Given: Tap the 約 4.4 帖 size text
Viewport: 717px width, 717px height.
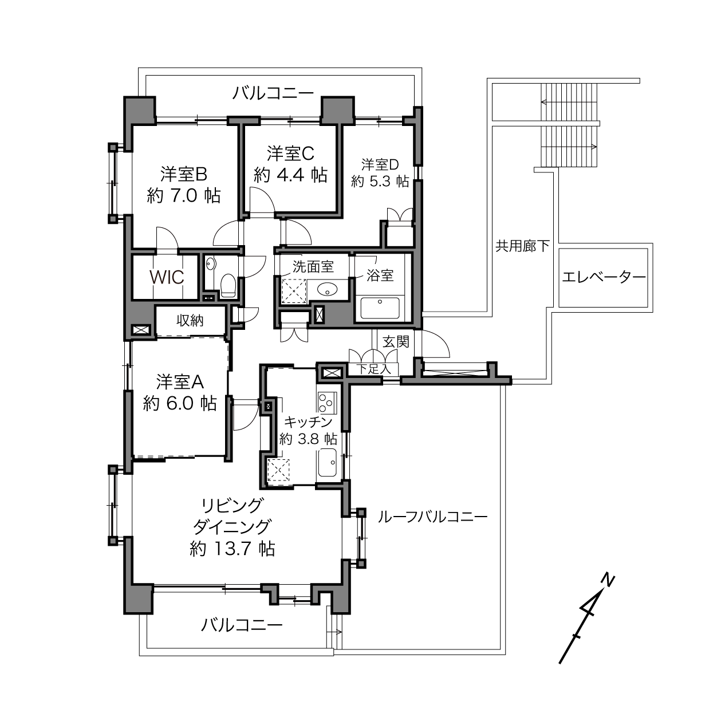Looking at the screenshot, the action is point(290,175).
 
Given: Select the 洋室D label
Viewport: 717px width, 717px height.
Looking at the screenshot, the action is point(380,164).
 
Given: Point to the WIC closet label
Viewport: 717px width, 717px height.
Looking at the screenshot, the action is point(167,277).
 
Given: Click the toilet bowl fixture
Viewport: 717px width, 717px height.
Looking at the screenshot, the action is point(228,286).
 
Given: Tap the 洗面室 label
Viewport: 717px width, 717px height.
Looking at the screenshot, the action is point(313,266).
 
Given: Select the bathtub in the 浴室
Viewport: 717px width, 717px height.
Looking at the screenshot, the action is point(380,308).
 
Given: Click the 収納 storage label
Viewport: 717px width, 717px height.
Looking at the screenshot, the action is point(190,320).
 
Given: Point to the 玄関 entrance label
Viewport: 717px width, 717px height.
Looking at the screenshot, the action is point(396,341).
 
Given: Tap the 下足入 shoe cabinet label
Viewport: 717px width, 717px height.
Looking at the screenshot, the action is point(373,369).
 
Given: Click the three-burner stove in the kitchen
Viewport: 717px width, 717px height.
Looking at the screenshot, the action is point(326,403).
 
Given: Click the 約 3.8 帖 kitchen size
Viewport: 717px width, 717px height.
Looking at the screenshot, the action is point(308,439).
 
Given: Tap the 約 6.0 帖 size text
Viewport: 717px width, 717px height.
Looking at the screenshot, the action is point(180,403).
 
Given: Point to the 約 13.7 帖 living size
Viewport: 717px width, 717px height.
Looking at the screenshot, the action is point(232,549).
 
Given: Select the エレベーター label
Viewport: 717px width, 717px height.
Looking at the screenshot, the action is point(604,277).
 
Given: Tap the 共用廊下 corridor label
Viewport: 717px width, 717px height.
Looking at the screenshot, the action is point(522,246).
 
